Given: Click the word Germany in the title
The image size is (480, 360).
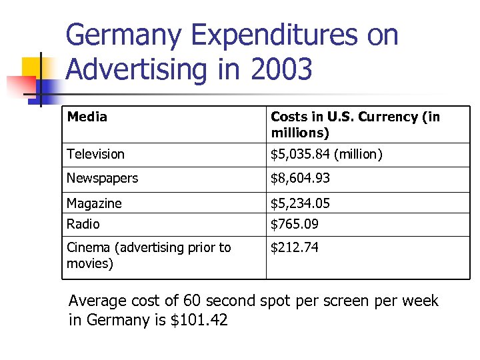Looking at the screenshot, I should pyautogui.click(x=123, y=35).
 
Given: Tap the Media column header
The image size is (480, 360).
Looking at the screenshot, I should pyautogui.click(x=87, y=117).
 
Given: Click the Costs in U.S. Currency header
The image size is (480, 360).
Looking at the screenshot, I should pyautogui.click(x=355, y=125).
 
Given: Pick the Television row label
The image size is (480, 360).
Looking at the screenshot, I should pyautogui.click(x=95, y=154).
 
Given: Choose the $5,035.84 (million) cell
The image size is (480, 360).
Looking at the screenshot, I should pyautogui.click(x=326, y=154).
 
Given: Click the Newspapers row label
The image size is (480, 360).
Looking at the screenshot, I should pyautogui.click(x=102, y=178).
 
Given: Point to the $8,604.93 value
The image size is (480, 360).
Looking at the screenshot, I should pyautogui.click(x=300, y=178).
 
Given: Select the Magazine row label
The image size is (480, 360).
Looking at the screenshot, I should pyautogui.click(x=94, y=203).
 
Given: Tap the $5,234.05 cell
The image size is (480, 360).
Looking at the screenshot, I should pyautogui.click(x=300, y=203).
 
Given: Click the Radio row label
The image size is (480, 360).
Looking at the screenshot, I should pyautogui.click(x=83, y=224).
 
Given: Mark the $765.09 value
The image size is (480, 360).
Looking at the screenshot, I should pyautogui.click(x=294, y=224).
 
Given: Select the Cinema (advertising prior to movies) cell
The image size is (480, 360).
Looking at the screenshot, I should pyautogui.click(x=148, y=255).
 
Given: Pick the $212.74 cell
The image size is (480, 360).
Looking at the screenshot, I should pyautogui.click(x=294, y=247).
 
